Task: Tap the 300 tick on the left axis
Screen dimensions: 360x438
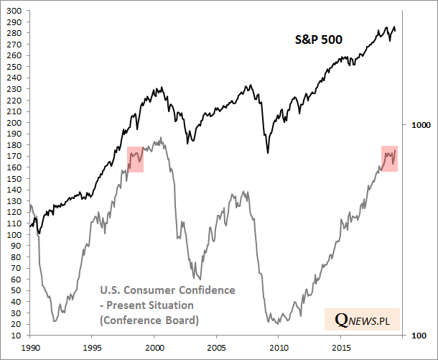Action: pos(14,11)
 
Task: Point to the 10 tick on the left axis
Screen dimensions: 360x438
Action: pos(17,336)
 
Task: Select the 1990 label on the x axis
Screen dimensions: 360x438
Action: pos(30,347)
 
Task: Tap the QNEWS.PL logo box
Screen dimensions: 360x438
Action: pos(363,318)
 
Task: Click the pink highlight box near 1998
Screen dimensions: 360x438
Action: pos(135,159)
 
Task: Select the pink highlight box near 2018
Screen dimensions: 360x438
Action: pos(389,158)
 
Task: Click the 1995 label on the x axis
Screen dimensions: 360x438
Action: pos(92,347)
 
